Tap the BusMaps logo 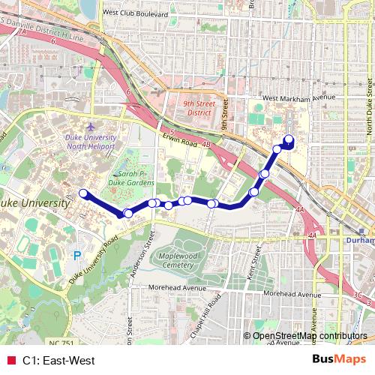tap(334, 359)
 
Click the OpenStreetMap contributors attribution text tap(310, 336)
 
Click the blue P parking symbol tap(76, 256)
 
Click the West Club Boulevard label tap(136, 12)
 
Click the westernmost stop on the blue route tap(82, 194)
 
